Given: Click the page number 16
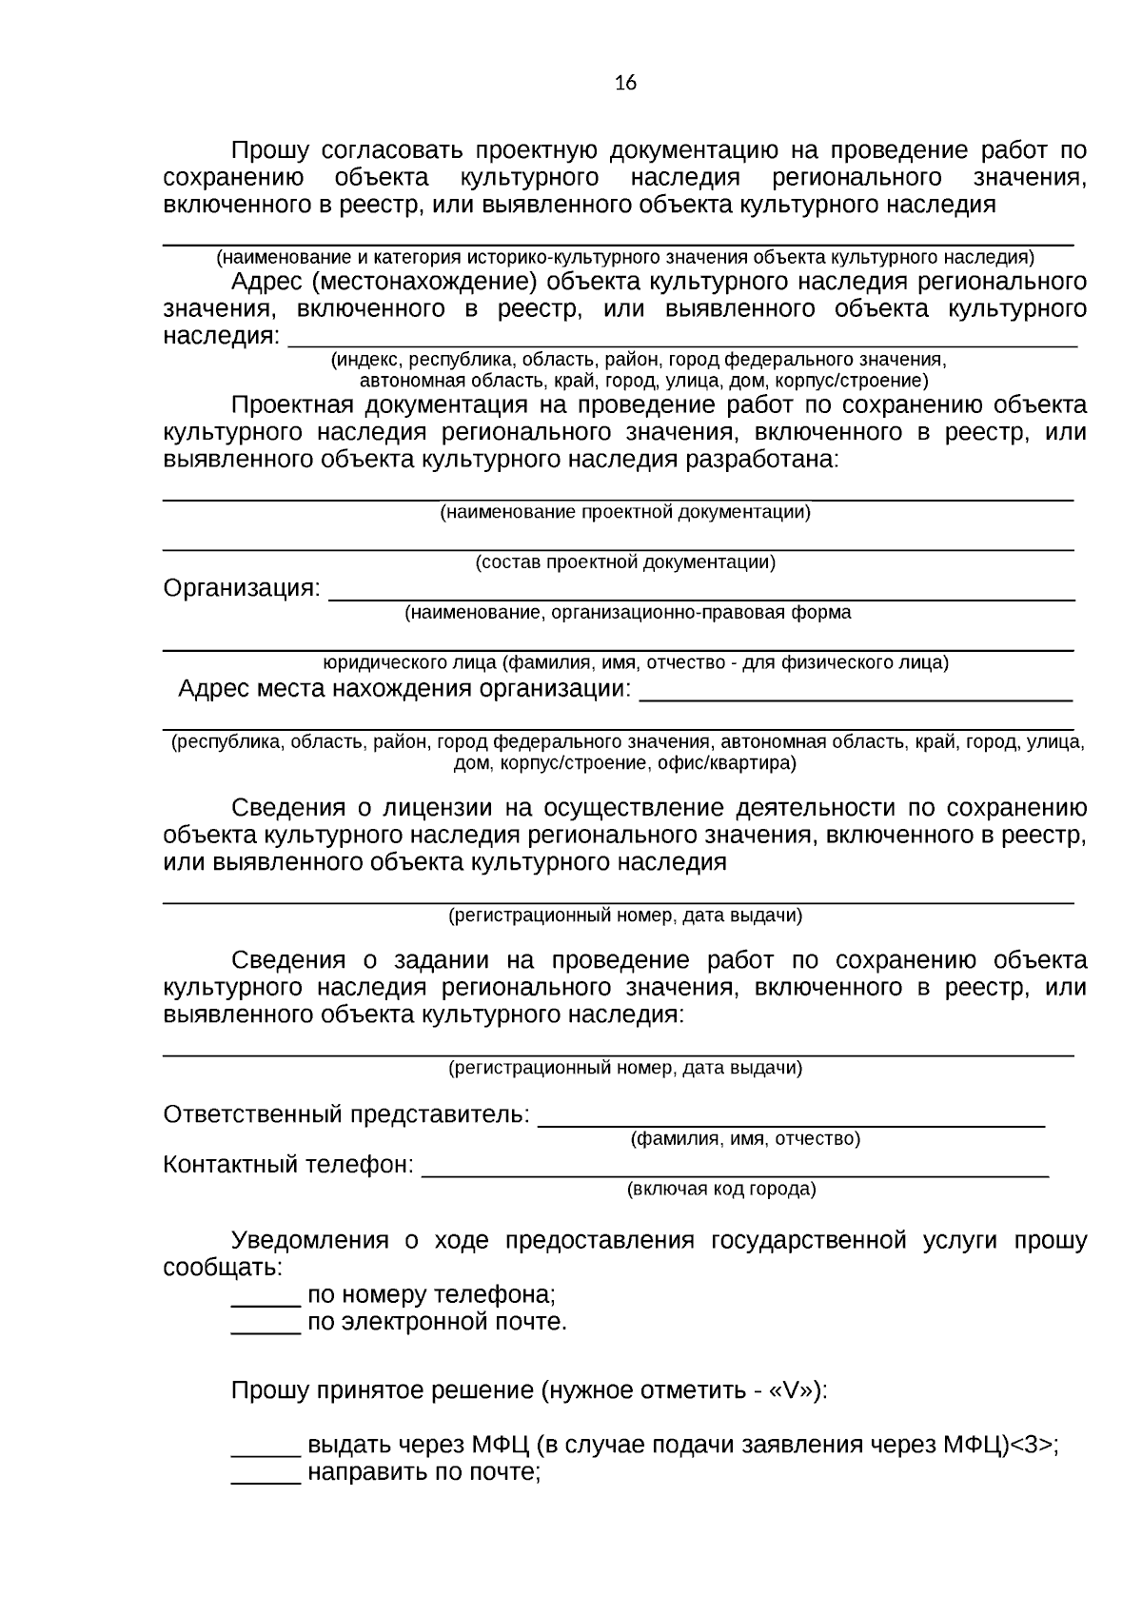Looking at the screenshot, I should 625,84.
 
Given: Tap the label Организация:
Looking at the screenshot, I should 242,588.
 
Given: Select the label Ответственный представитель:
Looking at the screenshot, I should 346,1113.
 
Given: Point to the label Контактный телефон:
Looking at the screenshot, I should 288,1164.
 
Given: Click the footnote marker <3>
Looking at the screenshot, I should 1032,1446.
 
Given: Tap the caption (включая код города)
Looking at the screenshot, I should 720,1189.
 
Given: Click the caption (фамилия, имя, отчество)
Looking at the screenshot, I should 745,1138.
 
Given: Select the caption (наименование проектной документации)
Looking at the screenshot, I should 624,512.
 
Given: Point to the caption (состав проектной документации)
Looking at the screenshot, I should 625,562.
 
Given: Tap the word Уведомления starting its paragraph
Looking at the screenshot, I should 309,1240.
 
